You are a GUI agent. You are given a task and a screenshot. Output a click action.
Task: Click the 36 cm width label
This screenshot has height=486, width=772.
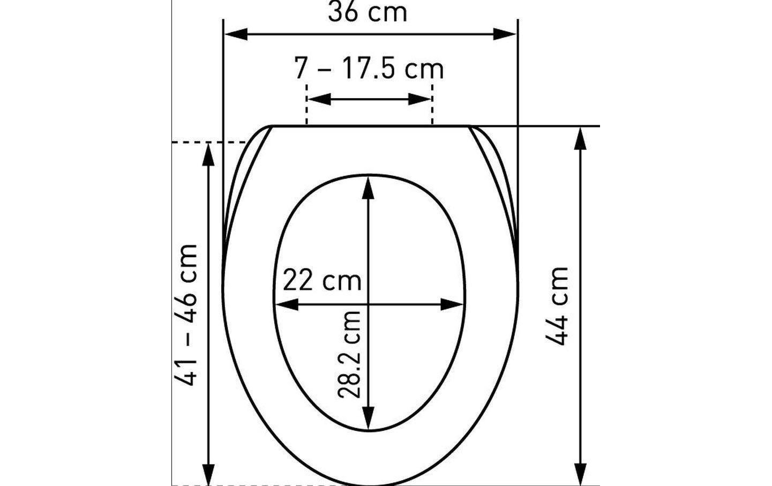(x=368, y=12)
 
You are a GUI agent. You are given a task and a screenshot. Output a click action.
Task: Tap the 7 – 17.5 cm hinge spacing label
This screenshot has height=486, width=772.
(x=369, y=69)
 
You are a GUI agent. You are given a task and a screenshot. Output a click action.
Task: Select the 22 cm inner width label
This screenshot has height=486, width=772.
(x=322, y=281)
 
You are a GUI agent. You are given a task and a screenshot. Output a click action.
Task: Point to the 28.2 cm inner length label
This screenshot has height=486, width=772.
(x=349, y=355)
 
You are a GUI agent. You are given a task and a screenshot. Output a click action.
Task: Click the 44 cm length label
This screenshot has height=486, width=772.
(x=557, y=306)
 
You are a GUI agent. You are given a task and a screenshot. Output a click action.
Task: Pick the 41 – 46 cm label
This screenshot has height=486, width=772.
(x=186, y=315)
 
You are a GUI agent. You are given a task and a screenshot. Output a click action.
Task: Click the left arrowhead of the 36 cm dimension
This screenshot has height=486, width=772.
(x=236, y=34)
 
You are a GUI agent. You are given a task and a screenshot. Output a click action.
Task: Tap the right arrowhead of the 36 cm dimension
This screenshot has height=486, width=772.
(x=505, y=34)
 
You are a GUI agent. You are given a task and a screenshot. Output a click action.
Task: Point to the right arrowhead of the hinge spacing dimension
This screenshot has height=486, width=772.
(x=419, y=99)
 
